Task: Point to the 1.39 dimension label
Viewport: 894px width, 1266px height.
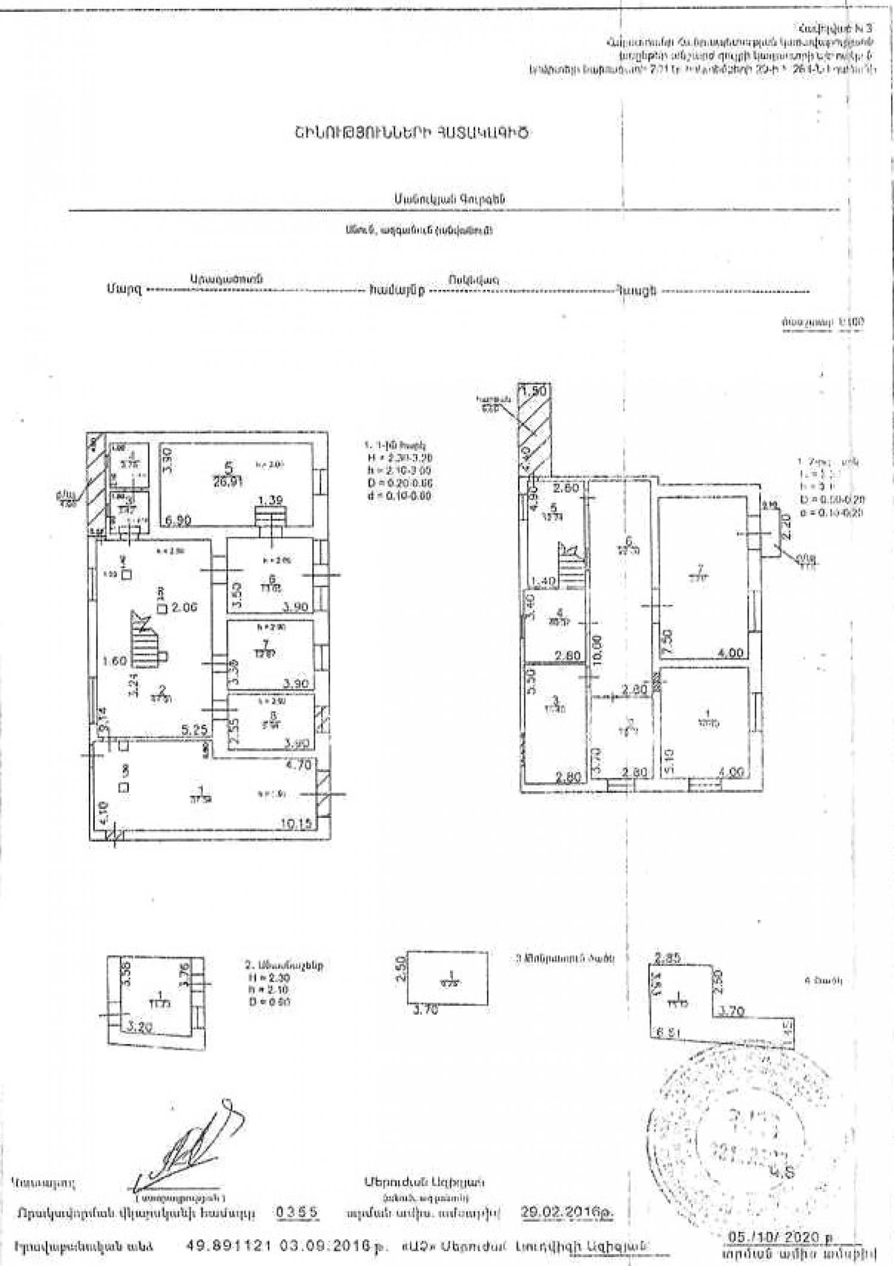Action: [271, 501]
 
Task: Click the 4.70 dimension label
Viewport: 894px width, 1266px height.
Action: [299, 766]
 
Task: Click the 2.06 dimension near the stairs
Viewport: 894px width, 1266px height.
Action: [184, 608]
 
